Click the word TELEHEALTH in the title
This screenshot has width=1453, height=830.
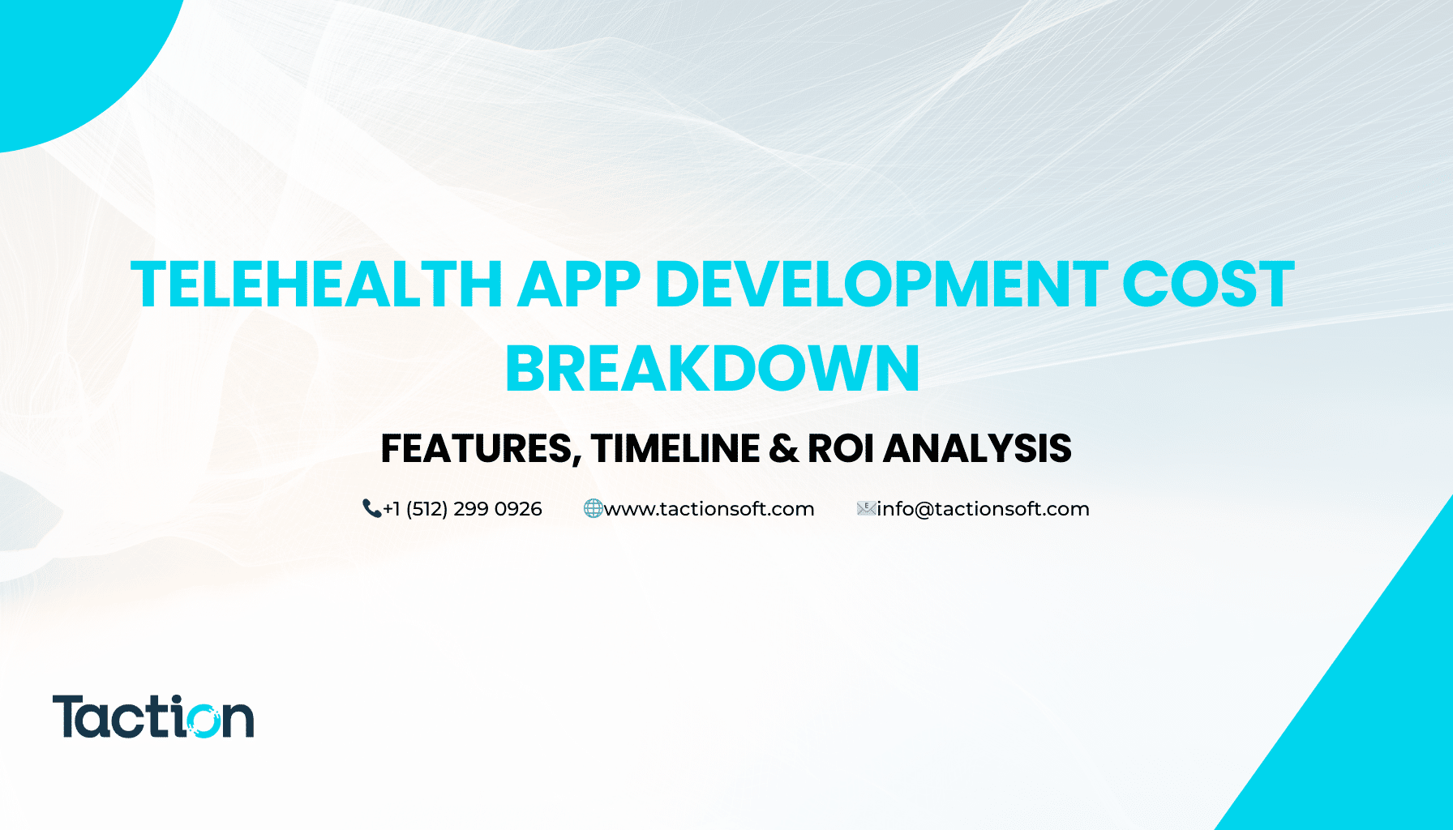pyautogui.click(x=317, y=285)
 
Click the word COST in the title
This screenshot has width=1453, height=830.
pyautogui.click(x=1208, y=285)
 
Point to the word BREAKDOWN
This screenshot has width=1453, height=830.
pyautogui.click(x=713, y=369)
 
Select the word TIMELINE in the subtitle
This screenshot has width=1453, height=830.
pyautogui.click(x=675, y=448)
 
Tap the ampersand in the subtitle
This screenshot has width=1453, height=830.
pyautogui.click(x=783, y=449)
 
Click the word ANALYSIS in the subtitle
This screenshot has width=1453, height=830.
pyautogui.click(x=977, y=448)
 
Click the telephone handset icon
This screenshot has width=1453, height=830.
pyautogui.click(x=371, y=508)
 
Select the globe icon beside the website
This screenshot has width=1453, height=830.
pyautogui.click(x=594, y=508)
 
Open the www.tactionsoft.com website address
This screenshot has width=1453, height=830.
pyautogui.click(x=709, y=509)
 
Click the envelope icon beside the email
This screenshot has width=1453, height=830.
pyautogui.click(x=867, y=508)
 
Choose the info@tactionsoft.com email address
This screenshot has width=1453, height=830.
pyautogui.click(x=984, y=509)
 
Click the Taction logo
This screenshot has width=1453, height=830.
pyautogui.click(x=153, y=717)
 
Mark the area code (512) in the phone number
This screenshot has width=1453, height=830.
pyautogui.click(x=426, y=509)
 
